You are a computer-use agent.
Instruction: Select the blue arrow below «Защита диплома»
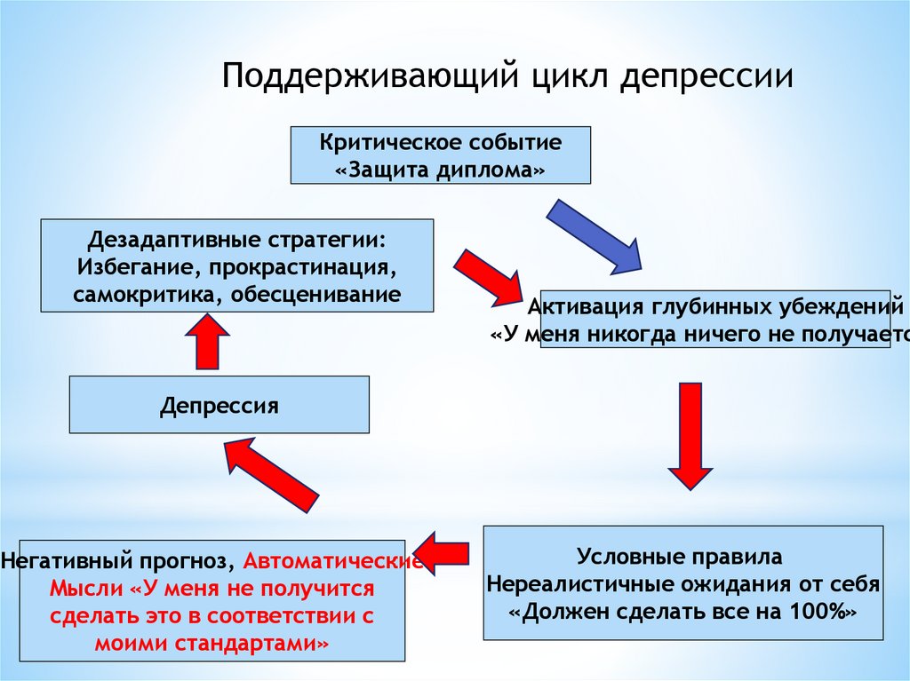point(594,234)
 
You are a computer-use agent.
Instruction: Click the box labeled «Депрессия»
point(220,406)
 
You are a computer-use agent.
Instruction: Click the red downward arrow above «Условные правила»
point(690,434)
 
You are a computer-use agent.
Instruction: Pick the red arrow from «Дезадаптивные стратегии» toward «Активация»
point(487,276)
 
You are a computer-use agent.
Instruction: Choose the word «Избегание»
point(122,266)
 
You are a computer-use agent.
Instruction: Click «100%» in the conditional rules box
point(821,612)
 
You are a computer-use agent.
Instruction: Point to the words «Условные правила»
point(680,558)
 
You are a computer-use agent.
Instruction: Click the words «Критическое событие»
point(441,142)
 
